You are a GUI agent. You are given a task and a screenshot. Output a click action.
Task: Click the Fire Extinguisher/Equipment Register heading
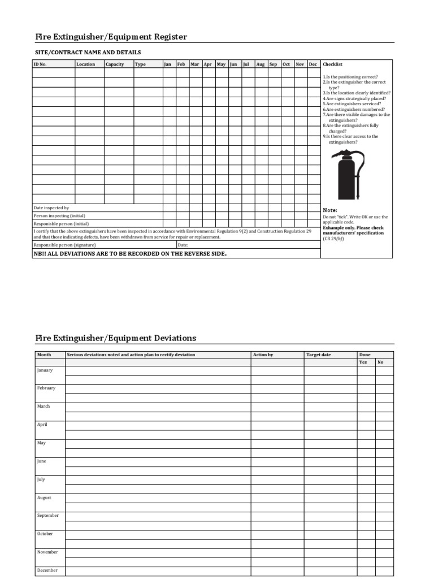click(x=111, y=37)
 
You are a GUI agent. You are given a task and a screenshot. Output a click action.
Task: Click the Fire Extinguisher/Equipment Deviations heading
click(x=115, y=338)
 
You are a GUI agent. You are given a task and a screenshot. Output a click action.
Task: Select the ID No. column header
click(x=40, y=64)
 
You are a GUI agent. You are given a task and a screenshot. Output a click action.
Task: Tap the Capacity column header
click(x=115, y=64)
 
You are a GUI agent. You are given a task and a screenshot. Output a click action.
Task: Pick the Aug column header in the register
click(x=260, y=64)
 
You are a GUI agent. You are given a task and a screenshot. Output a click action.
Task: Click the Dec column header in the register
click(x=313, y=64)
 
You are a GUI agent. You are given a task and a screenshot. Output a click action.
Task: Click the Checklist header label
click(x=332, y=64)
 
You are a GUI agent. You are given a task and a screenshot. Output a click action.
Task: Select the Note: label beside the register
click(x=329, y=210)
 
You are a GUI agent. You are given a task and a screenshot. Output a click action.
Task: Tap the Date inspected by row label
click(x=51, y=208)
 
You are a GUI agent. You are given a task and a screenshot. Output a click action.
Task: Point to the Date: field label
click(x=183, y=245)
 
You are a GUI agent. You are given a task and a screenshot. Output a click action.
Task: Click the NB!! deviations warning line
click(x=130, y=254)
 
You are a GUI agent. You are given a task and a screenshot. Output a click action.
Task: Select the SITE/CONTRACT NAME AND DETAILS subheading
click(x=88, y=53)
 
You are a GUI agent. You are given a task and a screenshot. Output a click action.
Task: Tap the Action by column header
click(x=263, y=355)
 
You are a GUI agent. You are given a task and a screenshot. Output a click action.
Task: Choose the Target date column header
click(x=318, y=355)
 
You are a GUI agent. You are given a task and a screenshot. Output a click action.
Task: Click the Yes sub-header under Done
click(x=363, y=362)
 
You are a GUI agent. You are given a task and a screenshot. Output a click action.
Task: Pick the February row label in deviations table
click(x=46, y=388)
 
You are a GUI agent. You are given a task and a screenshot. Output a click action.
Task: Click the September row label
click(x=48, y=516)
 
